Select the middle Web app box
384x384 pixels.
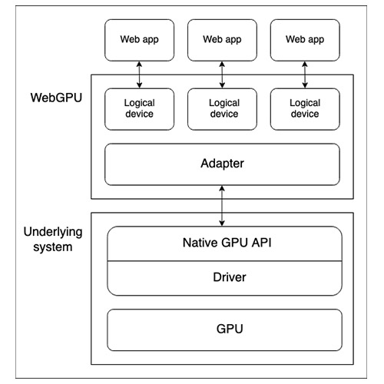click(x=223, y=38)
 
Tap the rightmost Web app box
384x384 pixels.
click(x=306, y=38)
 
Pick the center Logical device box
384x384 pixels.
click(x=223, y=108)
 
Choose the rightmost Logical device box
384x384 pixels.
click(x=306, y=108)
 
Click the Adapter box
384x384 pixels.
click(x=223, y=164)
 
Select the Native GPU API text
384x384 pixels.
click(x=223, y=244)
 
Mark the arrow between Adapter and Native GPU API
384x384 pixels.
click(x=223, y=206)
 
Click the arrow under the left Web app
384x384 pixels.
click(x=138, y=74)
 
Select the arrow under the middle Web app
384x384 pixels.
click(x=223, y=74)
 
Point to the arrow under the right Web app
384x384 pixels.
click(x=306, y=74)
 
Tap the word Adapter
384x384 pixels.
click(x=223, y=164)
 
